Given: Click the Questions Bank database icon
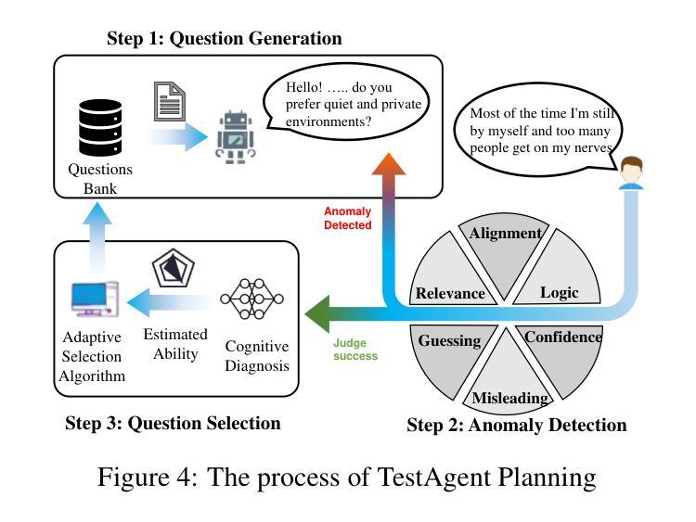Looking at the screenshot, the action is point(100,127).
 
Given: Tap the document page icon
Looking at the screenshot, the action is point(170,102).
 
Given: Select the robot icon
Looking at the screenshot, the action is point(236,137).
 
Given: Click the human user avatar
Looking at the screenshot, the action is point(631,173).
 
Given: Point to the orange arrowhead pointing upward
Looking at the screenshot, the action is point(389,164).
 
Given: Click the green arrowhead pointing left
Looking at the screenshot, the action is point(317,314).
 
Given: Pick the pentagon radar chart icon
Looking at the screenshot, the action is point(174,268).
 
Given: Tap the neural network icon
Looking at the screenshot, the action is point(251,299).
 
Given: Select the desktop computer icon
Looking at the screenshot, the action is point(95,299).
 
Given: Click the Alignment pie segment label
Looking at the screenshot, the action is point(505,234).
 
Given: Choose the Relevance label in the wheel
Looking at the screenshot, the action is point(450,293).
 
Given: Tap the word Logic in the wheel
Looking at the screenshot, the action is point(560,293).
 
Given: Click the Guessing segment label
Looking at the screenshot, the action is point(449,340).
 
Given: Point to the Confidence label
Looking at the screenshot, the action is point(563,337).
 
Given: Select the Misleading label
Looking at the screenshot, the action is point(510,398).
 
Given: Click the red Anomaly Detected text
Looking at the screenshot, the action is point(348,218).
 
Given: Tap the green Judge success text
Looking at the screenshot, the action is point(355,350).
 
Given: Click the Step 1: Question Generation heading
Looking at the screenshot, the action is point(225,38).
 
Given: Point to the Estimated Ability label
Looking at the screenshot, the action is point(175,344).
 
